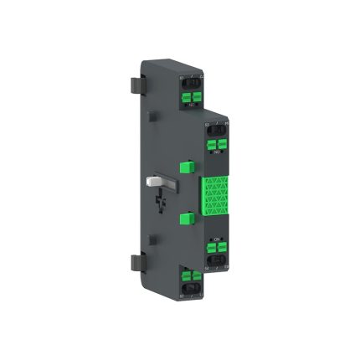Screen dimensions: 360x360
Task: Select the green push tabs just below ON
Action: (x=217, y=249)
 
